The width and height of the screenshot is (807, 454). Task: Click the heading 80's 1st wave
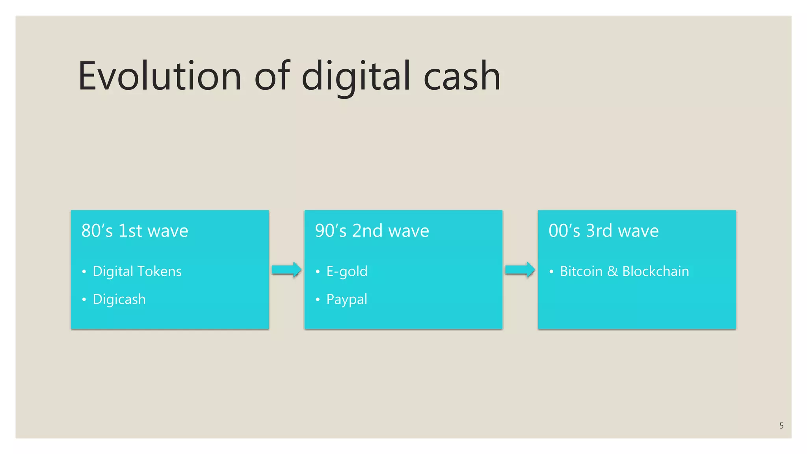(x=135, y=231)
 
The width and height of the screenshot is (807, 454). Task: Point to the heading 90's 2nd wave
(x=372, y=231)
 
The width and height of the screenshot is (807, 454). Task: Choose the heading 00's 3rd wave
(x=603, y=231)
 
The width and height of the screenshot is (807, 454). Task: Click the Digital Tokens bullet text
(x=137, y=271)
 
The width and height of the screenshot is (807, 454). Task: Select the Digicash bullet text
(x=119, y=299)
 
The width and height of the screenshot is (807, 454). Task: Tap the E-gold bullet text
(x=347, y=271)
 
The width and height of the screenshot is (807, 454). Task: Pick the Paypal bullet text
(x=347, y=300)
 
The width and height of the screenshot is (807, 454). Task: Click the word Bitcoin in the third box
(x=581, y=271)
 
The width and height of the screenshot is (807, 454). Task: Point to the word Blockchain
(x=656, y=271)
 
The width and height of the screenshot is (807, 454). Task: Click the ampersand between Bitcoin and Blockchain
(x=612, y=271)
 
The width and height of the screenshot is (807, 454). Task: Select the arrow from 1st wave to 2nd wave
(x=286, y=270)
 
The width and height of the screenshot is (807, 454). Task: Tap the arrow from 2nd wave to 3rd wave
(x=520, y=270)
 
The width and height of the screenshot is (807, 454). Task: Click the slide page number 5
(x=781, y=426)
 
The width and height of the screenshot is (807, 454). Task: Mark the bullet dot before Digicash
(x=84, y=300)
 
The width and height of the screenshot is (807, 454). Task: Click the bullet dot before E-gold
(x=318, y=272)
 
